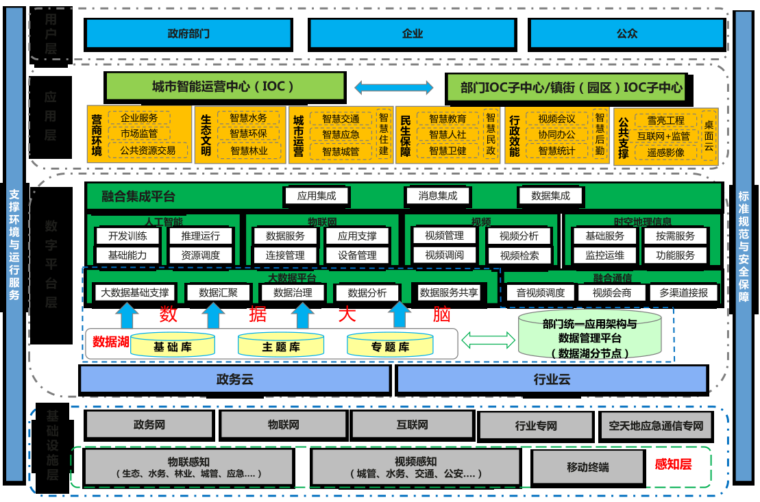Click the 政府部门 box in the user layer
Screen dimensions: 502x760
pyautogui.click(x=188, y=33)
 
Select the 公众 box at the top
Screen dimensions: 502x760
pyautogui.click(x=626, y=33)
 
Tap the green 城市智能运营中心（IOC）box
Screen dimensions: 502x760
pyautogui.click(x=223, y=87)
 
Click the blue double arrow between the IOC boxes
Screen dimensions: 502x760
pyautogui.click(x=394, y=88)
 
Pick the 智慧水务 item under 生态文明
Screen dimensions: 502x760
pyautogui.click(x=249, y=118)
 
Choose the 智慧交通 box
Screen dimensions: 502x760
pyautogui.click(x=341, y=118)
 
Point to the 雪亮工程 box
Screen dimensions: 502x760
pyautogui.click(x=661, y=121)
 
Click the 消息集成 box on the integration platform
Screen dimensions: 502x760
pyautogui.click(x=438, y=196)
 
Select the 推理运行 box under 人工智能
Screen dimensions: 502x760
pyautogui.click(x=200, y=236)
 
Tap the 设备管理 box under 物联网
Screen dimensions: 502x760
pyautogui.click(x=357, y=255)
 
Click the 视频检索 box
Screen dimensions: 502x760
pyautogui.click(x=519, y=256)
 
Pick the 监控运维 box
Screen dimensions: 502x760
pyautogui.click(x=605, y=255)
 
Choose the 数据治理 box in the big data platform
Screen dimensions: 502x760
pyautogui.click(x=293, y=292)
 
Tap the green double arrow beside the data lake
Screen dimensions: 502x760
pyautogui.click(x=488, y=339)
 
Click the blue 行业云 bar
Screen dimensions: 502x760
pyautogui.click(x=552, y=379)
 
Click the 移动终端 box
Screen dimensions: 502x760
pyautogui.click(x=587, y=467)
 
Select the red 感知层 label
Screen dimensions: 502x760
pyautogui.click(x=673, y=464)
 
